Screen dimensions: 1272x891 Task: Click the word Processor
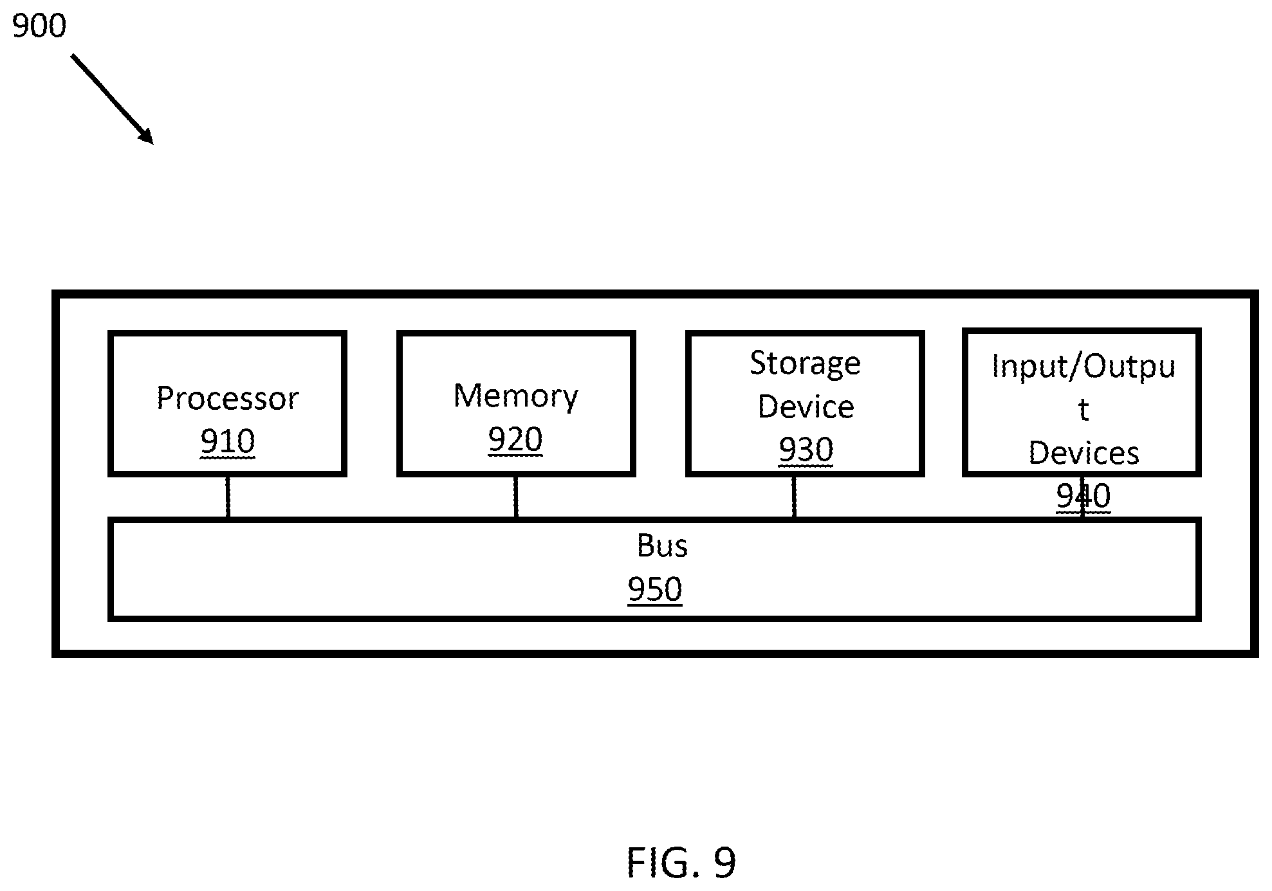click(228, 398)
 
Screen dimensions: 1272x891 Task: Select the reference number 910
click(228, 441)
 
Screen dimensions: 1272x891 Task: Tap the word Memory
click(516, 396)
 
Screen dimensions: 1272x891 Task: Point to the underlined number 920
click(515, 439)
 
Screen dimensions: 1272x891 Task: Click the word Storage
click(805, 364)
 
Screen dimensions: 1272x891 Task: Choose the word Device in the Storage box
click(806, 407)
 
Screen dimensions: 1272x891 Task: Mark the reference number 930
click(806, 450)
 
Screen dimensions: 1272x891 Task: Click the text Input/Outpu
click(1083, 367)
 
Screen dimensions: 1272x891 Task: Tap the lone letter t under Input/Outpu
click(1084, 410)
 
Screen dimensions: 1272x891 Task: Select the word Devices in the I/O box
click(1084, 453)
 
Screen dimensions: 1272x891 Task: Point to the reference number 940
click(1083, 496)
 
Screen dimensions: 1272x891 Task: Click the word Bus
click(662, 546)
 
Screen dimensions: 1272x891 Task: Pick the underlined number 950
click(655, 589)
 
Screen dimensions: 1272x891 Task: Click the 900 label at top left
click(39, 26)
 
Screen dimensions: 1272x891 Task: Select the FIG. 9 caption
click(681, 863)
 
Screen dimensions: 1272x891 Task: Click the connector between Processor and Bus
click(228, 497)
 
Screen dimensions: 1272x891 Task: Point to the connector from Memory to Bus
click(516, 497)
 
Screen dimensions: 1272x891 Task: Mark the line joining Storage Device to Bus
click(794, 497)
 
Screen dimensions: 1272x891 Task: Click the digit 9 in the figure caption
click(724, 863)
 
